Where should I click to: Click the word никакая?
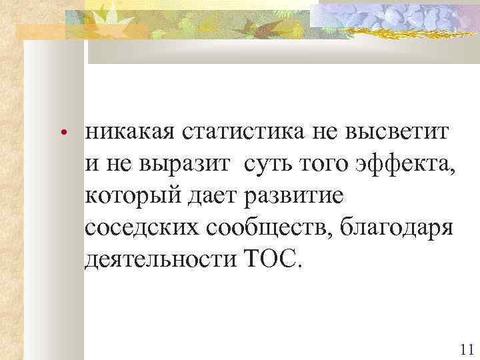(127, 133)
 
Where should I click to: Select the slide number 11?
(466, 349)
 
